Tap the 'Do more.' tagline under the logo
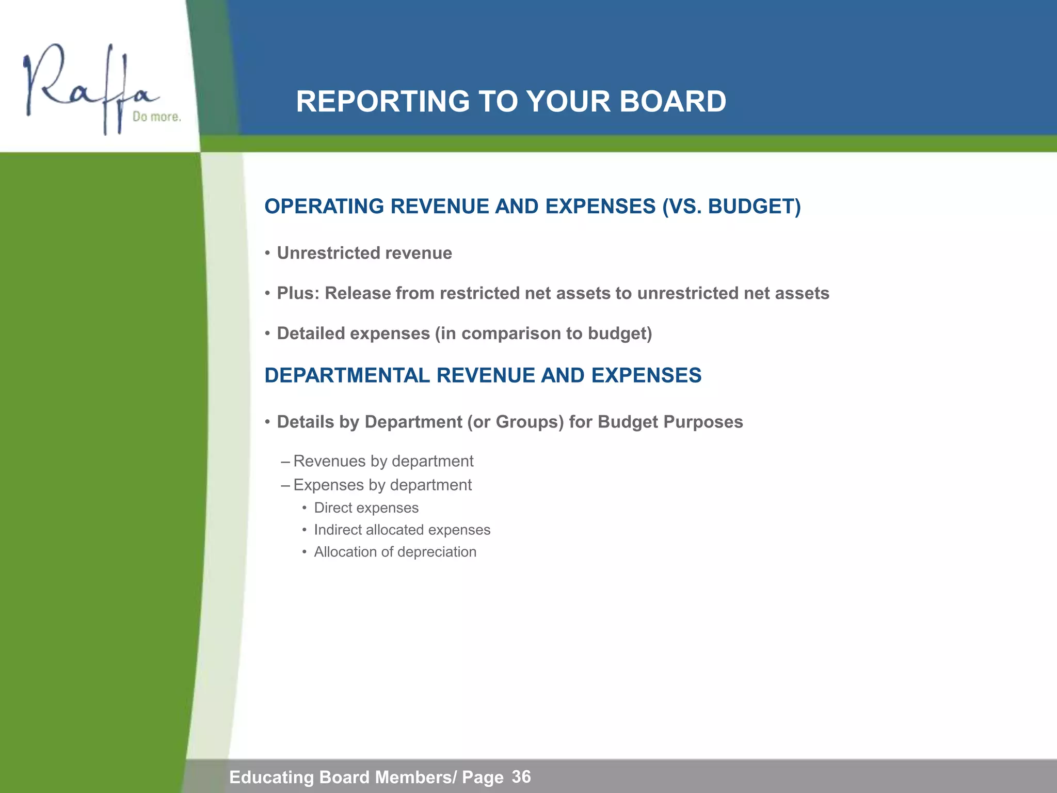click(156, 117)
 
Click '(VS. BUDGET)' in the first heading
click(731, 207)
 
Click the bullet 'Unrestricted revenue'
click(364, 253)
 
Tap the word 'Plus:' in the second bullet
click(298, 293)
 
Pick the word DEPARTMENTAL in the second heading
click(347, 375)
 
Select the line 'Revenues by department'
click(383, 461)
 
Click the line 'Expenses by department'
click(382, 485)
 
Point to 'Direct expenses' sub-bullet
click(366, 508)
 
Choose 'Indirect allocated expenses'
click(402, 530)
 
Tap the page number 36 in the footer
click(521, 776)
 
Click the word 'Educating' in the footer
click(271, 777)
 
